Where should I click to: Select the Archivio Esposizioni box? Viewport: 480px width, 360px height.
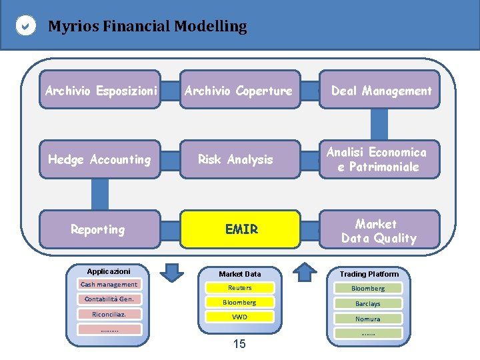100,90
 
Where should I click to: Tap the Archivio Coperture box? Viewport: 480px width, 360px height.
239,90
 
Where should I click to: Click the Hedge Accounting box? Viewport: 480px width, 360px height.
100,159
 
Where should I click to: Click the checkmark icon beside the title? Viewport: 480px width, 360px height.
25,27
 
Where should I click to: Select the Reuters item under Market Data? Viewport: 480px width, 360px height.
240,288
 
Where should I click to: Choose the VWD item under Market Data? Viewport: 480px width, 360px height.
240,317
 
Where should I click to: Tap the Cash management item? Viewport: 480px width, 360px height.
109,285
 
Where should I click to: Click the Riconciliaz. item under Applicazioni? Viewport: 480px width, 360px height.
109,314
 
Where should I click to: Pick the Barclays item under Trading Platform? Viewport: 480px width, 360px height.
368,303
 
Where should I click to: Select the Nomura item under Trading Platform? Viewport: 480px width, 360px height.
368,319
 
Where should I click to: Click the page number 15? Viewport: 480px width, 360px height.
239,344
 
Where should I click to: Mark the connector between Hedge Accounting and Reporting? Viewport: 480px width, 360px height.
100,194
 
